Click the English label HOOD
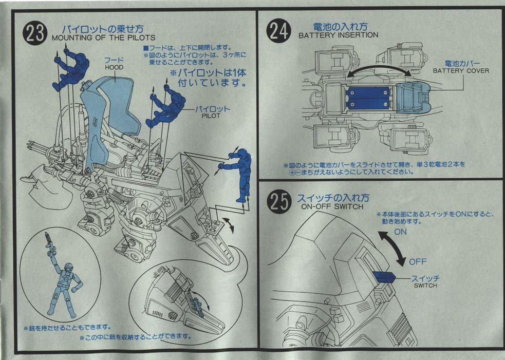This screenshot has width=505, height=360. click(x=114, y=67)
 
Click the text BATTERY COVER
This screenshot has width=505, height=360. click(x=460, y=70)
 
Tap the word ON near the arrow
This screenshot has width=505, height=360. click(x=400, y=232)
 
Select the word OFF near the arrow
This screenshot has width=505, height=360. click(x=418, y=262)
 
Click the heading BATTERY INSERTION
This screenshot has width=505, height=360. click(x=338, y=35)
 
